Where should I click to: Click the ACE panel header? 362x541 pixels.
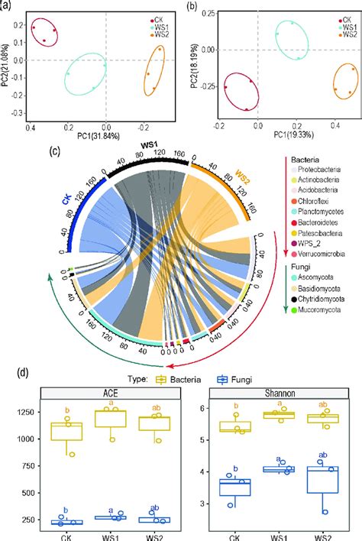coord(105,393)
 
